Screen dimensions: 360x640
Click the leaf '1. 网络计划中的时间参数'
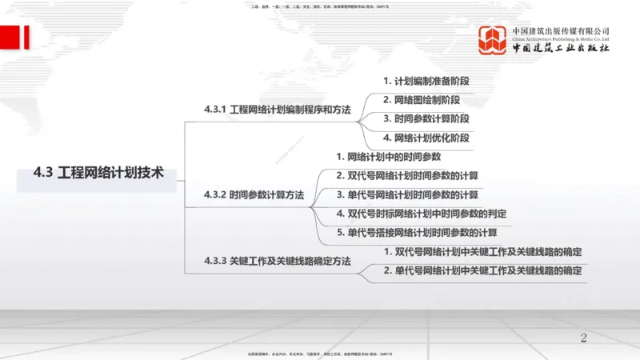pyautogui.click(x=388, y=157)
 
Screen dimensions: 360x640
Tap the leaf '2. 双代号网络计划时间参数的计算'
pyautogui.click(x=407, y=176)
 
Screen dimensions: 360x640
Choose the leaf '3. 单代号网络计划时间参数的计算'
pyautogui.click(x=407, y=194)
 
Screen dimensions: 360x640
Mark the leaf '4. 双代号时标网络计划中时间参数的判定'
pyautogui.click(x=421, y=214)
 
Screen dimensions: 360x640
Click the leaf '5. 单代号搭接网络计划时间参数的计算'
pyautogui.click(x=416, y=233)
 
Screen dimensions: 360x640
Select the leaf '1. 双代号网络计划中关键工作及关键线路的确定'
pyautogui.click(x=482, y=252)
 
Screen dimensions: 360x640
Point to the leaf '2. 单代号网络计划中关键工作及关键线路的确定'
pyautogui.click(x=482, y=271)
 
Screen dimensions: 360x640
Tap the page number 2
pyautogui.click(x=583, y=338)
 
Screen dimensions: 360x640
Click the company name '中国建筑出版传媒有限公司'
pyautogui.click(x=561, y=30)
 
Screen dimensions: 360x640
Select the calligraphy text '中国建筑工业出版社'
pyautogui.click(x=561, y=48)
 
